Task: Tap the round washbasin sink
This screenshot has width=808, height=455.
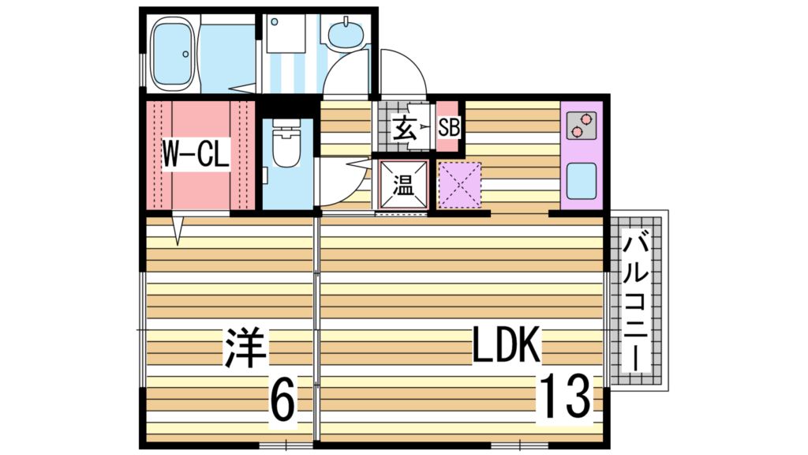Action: coord(344,34)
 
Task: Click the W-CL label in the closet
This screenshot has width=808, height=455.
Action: coord(195,155)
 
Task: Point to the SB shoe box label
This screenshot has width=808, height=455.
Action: coord(448,127)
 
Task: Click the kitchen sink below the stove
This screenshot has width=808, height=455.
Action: coord(582,181)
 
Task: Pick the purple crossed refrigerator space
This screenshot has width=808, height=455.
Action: coord(459,186)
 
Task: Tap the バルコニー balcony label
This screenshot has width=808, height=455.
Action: coord(636,302)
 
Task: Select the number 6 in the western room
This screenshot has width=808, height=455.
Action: coord(283,400)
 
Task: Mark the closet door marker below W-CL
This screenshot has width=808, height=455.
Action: coord(178,230)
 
